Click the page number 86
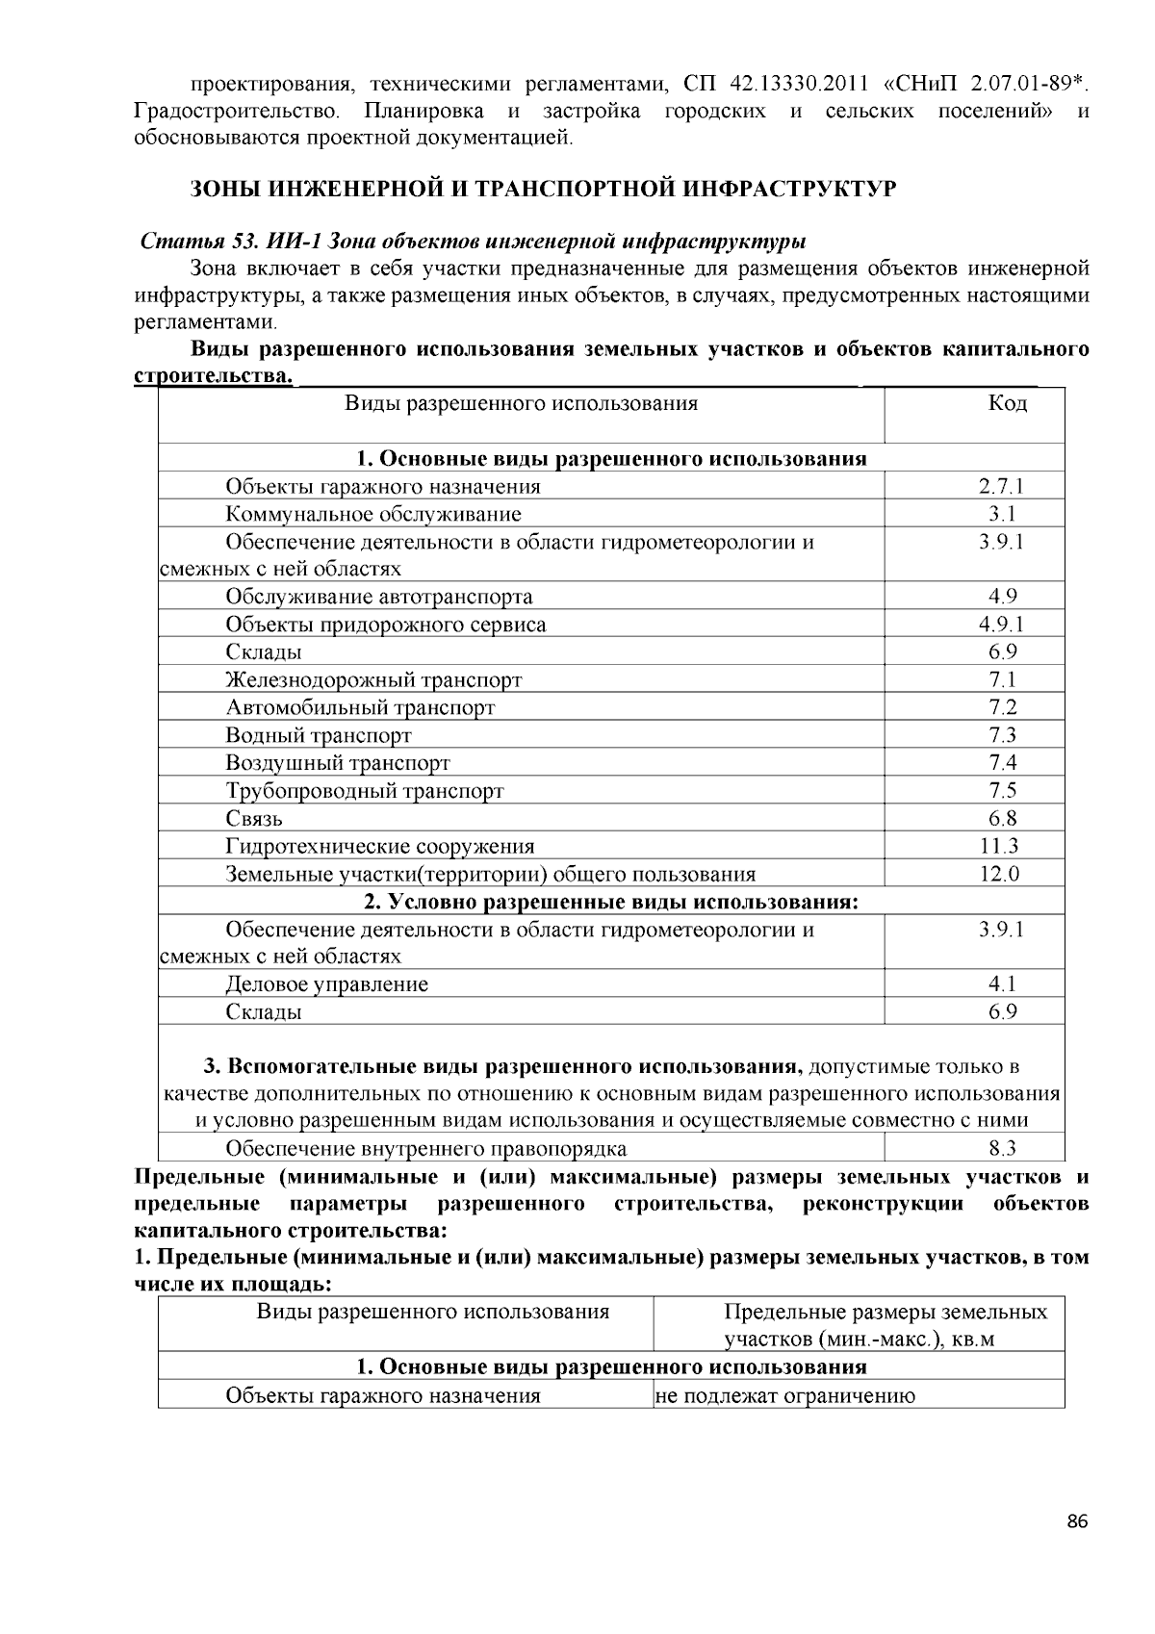coord(1077,1521)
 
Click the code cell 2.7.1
coord(1002,486)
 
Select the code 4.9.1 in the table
coord(1002,625)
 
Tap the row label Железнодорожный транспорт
coord(373,680)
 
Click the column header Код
coord(1007,403)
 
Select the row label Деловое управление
coord(326,984)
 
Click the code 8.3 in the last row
coord(1002,1148)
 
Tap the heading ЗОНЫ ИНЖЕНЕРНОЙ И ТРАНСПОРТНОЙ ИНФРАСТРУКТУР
coord(543,189)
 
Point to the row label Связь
coord(254,819)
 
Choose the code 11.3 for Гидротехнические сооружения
coord(1001,846)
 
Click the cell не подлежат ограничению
coord(784,1395)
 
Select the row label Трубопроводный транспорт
coord(365,791)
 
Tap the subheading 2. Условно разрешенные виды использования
coord(610,902)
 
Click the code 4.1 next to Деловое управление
coord(1002,983)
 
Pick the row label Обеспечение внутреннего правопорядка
coord(425,1148)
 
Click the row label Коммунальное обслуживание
coord(373,514)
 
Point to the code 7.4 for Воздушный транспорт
coord(1002,763)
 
